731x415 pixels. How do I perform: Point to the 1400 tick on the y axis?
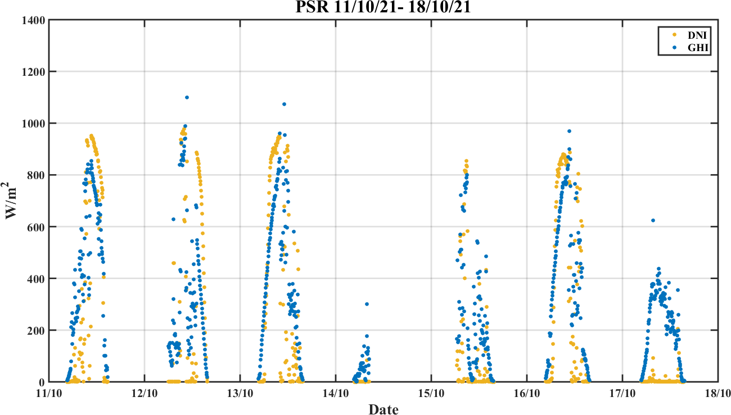coord(34,20)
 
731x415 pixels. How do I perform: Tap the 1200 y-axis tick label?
coord(34,72)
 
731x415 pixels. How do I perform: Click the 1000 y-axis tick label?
coord(34,124)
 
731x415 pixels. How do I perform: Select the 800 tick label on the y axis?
coord(37,175)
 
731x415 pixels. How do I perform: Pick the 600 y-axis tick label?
coord(37,227)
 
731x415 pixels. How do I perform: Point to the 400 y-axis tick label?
coord(37,279)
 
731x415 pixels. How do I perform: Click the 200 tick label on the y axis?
coord(37,330)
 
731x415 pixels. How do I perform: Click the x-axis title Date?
coord(383,409)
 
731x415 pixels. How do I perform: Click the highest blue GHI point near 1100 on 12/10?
coord(187,97)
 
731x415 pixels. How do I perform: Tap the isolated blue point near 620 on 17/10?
coord(653,221)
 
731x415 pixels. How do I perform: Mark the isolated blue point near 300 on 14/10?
coord(367,304)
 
